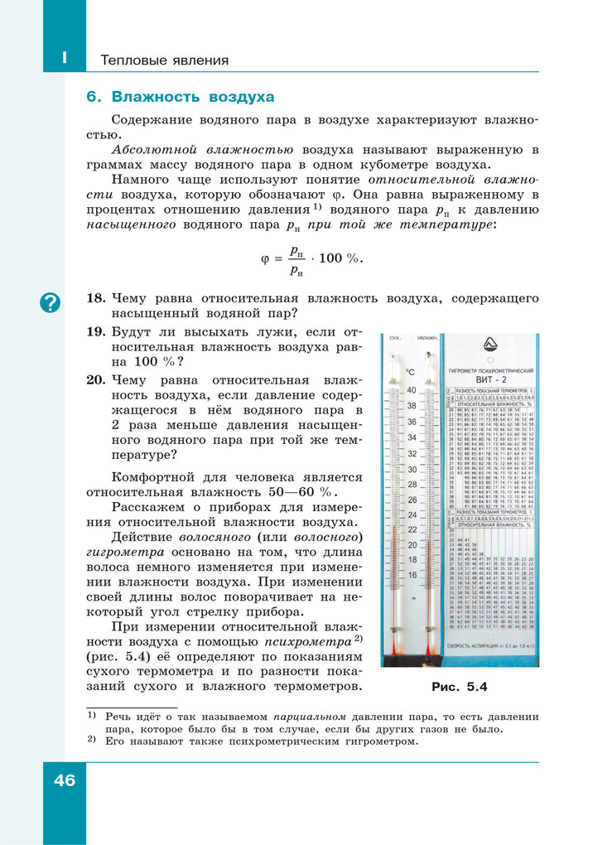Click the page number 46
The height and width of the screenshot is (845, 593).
pos(64,780)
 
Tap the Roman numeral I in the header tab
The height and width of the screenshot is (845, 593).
pos(64,59)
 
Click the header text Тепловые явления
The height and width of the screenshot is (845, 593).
pos(164,60)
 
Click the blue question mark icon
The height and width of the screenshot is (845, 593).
pos(51,303)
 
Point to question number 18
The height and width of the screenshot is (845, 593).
pos(96,298)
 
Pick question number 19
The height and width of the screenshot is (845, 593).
pos(96,332)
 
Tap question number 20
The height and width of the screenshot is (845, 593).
pos(96,380)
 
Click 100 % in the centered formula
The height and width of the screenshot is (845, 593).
pos(339,258)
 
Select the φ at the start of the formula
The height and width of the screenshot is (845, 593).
pos(265,258)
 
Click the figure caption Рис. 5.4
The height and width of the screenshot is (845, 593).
pos(460,687)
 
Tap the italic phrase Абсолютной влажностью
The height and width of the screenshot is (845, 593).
pos(203,150)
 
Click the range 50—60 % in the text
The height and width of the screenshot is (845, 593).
pos(324,493)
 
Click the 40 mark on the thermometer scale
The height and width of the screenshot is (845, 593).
pos(412,390)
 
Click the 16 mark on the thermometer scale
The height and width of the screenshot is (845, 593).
pos(412,574)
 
